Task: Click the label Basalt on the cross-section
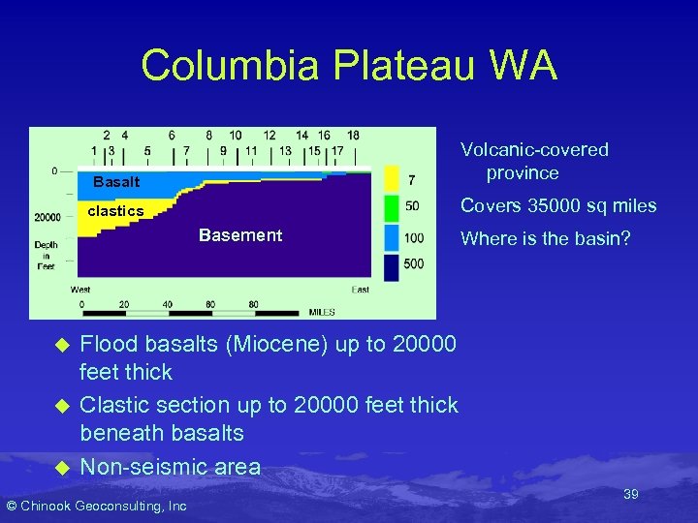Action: (x=116, y=182)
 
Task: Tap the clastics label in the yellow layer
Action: (x=115, y=211)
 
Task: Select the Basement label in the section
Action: (x=239, y=235)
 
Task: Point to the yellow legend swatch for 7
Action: (x=392, y=179)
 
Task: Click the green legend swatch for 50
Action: (x=392, y=207)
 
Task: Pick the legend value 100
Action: (x=415, y=237)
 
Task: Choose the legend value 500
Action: (x=415, y=264)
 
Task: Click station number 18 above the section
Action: (x=353, y=135)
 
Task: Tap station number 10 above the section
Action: (x=236, y=135)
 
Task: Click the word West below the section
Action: (x=81, y=290)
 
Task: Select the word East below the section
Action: (x=360, y=290)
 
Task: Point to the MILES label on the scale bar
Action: (x=322, y=312)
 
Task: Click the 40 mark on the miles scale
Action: (x=167, y=304)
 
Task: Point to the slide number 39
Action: (x=630, y=494)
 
